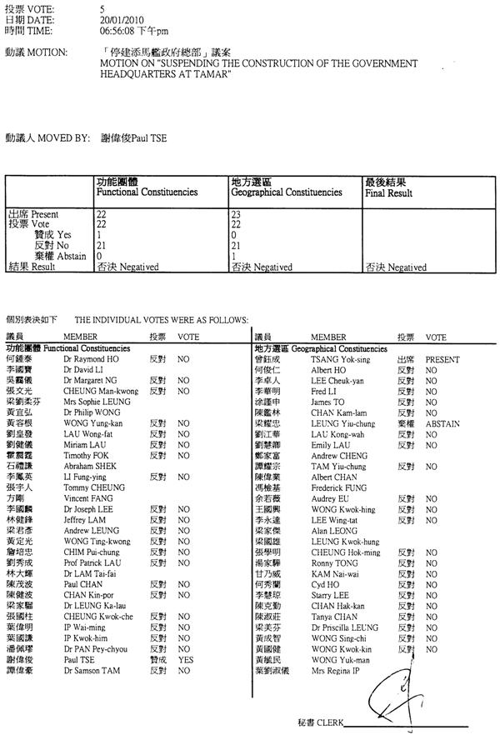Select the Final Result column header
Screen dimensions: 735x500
[388, 192]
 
